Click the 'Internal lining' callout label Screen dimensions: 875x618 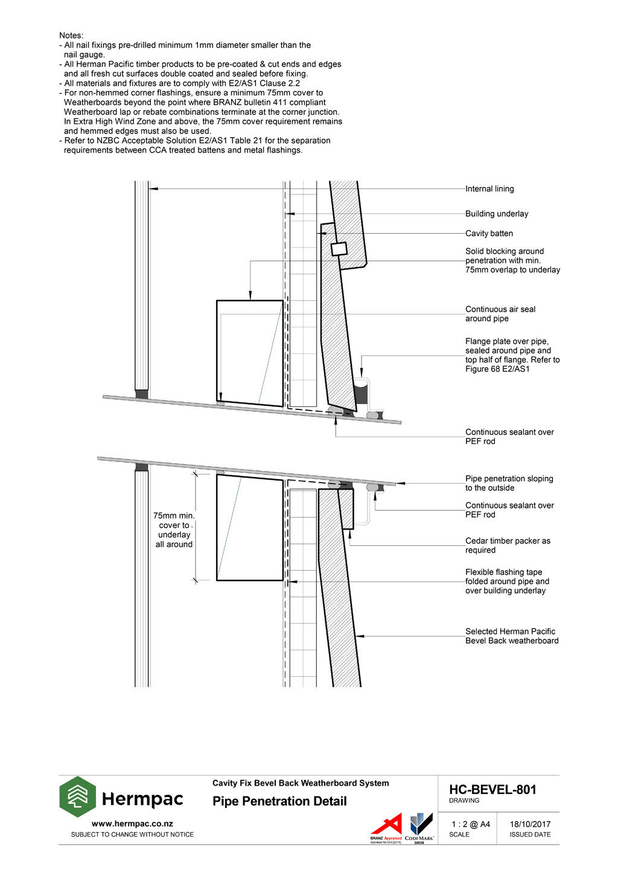pos(489,189)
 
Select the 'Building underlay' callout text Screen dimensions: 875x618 pos(496,214)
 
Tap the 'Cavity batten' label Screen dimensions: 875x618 pos(489,234)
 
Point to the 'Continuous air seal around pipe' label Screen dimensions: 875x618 pos(500,314)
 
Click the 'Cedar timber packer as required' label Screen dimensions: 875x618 pos(507,545)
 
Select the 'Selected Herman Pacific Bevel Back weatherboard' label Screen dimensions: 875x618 pos(511,636)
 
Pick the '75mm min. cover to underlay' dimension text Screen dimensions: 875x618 pos(174,530)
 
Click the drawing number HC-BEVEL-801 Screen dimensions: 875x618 pos(492,790)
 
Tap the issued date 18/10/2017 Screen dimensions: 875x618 pos(530,824)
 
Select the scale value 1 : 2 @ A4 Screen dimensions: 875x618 pos(471,824)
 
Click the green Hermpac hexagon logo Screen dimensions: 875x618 pos(77,797)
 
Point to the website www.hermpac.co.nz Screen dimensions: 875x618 pos(132,824)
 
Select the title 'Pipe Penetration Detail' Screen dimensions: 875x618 pos(279,801)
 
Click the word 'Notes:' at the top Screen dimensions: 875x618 pos(71,36)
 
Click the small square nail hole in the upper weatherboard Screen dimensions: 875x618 pos(339,248)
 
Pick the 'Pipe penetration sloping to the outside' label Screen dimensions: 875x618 pos(508,483)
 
